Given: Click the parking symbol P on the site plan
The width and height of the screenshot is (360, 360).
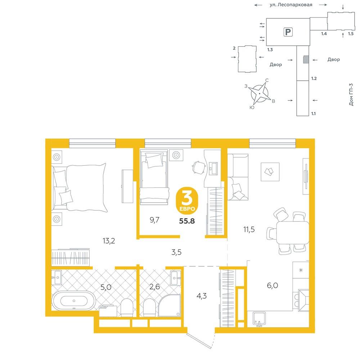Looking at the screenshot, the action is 288,32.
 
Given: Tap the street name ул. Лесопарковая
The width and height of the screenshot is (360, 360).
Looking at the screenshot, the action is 291,5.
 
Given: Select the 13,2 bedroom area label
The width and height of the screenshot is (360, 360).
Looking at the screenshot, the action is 109,241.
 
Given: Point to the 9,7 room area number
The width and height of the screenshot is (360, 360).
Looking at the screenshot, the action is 154,220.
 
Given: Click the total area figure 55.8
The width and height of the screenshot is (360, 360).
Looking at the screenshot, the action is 187,221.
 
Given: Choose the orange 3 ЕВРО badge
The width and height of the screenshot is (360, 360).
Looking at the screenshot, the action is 187,200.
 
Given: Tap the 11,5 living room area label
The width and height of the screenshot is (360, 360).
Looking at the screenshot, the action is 249,229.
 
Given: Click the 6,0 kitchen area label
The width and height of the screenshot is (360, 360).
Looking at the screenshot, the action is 273,285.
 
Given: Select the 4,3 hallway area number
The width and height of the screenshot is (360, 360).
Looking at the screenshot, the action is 202,296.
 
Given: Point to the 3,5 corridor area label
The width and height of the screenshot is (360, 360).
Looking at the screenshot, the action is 176,252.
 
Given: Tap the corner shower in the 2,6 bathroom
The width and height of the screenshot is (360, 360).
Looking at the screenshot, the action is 170,306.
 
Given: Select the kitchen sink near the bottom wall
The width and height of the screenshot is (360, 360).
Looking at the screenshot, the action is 259,319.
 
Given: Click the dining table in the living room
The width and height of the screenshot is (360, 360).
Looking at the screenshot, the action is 292,233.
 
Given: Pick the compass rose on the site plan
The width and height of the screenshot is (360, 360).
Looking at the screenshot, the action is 260,94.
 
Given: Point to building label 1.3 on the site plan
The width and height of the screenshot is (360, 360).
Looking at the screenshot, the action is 270,50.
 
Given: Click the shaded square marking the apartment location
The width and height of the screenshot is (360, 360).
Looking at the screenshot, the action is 306,59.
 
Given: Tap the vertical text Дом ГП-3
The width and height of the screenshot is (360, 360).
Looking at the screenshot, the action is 351,95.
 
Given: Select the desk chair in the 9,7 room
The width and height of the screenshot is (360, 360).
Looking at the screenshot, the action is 199,167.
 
